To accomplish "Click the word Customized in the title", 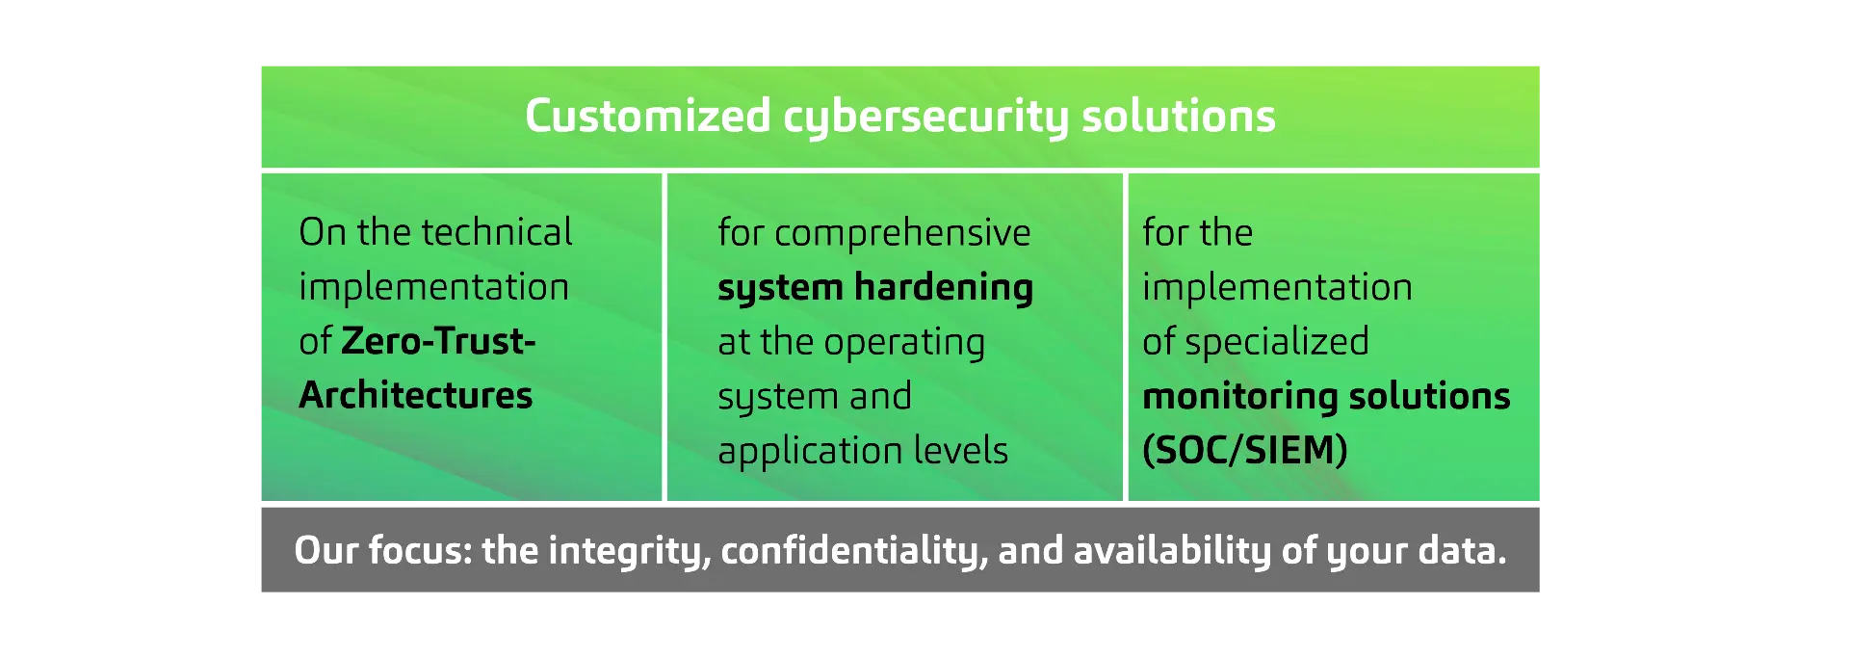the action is (x=648, y=116).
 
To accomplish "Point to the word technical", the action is (x=497, y=231).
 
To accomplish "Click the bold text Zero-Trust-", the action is (x=438, y=340).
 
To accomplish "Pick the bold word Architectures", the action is (x=416, y=395).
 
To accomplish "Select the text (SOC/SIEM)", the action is (x=1245, y=450).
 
